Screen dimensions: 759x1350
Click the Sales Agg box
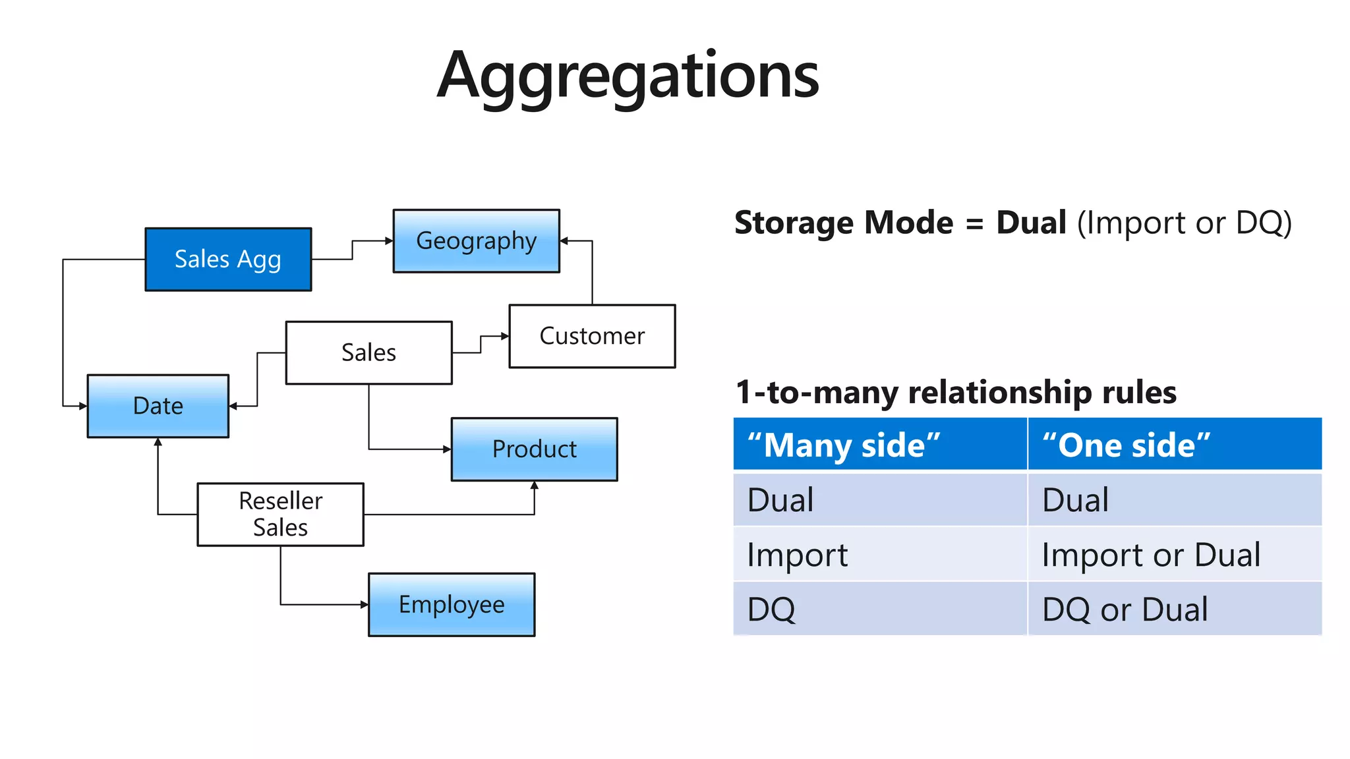coord(228,260)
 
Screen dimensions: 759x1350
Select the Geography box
coord(476,241)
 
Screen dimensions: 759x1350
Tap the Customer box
coord(592,336)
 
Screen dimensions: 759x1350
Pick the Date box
coord(158,406)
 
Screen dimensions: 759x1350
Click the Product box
coord(534,449)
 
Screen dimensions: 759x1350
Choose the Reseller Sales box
coord(280,515)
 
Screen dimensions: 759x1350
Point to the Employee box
coord(452,605)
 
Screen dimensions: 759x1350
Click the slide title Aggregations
coord(628,75)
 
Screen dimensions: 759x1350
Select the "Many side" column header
coord(879,445)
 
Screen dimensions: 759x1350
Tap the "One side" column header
coord(1175,445)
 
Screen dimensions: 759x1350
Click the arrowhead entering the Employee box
coord(365,605)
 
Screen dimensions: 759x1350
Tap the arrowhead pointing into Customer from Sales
coord(505,336)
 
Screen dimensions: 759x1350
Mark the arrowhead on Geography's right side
coord(564,241)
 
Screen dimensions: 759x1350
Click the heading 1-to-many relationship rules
coord(956,392)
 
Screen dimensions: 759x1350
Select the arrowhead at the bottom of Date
coord(158,442)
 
